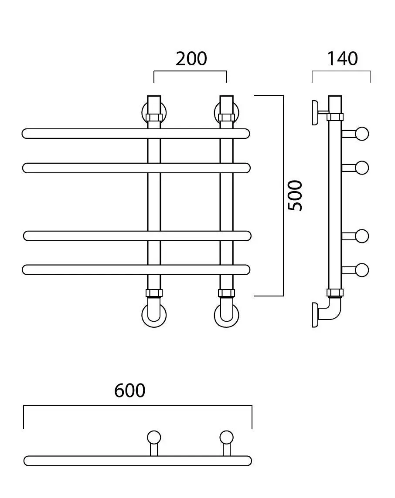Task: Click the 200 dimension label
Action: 191,59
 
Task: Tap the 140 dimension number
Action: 342,59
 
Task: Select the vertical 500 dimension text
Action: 295,195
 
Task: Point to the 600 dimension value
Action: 130,390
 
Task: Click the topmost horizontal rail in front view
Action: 136,134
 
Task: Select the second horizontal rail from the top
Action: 136,168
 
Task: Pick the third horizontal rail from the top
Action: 137,236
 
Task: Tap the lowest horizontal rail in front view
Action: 136,269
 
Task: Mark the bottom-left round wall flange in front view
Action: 144,315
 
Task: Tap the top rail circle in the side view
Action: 362,134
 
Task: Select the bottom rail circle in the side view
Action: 362,270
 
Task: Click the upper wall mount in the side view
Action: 315,112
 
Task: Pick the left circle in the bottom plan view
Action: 154,437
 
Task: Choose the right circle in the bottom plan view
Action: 226,437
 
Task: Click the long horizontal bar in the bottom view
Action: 138,461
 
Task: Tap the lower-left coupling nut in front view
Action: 154,293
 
